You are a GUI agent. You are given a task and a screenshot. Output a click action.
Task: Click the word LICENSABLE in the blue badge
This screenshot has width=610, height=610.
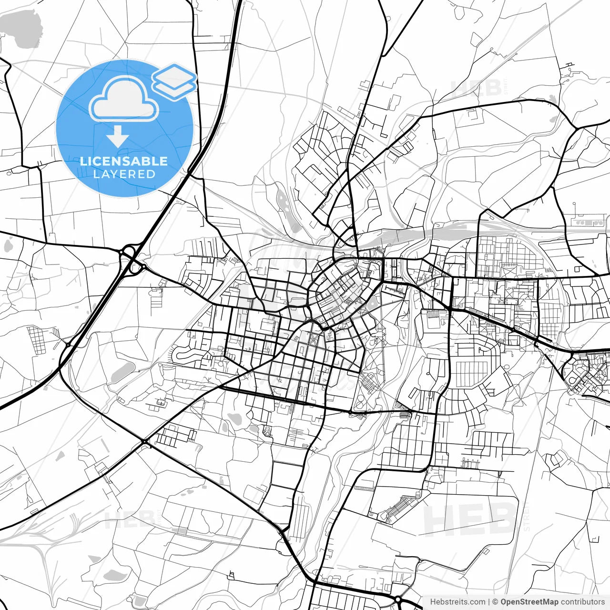tap(124, 161)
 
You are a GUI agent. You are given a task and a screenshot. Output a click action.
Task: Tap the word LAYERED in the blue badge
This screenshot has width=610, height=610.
tap(124, 174)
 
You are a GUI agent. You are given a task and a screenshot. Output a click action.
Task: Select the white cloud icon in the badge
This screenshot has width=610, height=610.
tap(124, 100)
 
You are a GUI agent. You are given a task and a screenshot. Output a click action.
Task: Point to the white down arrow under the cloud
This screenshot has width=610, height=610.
tap(117, 137)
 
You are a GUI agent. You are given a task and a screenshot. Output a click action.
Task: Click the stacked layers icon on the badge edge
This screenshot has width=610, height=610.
tap(174, 81)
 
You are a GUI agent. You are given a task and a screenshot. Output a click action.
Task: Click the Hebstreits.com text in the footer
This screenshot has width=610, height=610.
tap(457, 602)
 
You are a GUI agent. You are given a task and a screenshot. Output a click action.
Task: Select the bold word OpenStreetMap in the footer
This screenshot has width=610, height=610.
tap(529, 602)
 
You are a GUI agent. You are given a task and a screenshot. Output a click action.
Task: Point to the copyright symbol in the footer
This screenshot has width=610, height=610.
tap(495, 602)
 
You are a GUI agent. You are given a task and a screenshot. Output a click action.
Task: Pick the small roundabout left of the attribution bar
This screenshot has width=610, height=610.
tap(397, 599)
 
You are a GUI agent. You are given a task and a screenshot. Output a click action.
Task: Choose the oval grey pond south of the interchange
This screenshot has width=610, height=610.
tap(123, 369)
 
